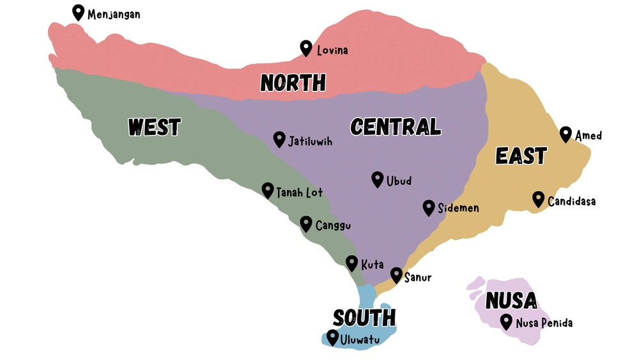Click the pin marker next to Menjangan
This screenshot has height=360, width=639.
pos(79,12)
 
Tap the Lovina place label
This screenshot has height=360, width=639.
pos(332,50)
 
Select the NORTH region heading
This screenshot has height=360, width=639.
pos(293,82)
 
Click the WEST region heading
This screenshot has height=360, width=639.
pos(154,127)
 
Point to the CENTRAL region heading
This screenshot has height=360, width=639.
pos(396,127)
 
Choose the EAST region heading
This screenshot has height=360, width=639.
pos(521,155)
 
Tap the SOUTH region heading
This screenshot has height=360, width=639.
pos(364,317)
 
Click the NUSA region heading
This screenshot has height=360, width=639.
pos(511,300)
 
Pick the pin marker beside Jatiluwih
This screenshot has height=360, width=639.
pos(279,139)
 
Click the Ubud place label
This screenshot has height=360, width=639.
pos(399,181)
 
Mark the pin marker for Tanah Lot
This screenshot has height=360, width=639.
pos(268,190)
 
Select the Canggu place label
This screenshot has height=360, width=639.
pos(333,225)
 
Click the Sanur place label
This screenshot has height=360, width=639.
pos(418,278)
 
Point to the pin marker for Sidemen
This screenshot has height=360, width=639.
pos(429,207)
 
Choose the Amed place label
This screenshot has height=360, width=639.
pos(588,136)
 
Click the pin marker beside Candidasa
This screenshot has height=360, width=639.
pos(539,199)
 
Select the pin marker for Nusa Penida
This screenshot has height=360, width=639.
pos(507,322)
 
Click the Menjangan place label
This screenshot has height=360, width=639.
pos(114,14)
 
